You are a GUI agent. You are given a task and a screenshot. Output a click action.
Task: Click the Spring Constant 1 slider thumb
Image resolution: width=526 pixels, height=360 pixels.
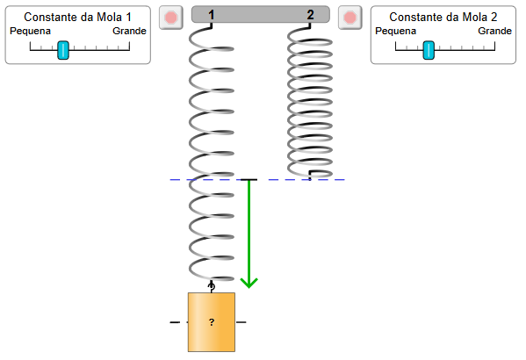tap(63, 50)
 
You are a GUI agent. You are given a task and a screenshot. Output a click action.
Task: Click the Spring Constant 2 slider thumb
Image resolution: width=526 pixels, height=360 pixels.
tap(429, 50)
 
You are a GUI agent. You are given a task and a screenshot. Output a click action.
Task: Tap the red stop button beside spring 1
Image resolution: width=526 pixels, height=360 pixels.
tap(171, 18)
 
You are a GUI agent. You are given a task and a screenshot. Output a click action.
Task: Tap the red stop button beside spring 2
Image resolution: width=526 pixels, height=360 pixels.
tap(349, 18)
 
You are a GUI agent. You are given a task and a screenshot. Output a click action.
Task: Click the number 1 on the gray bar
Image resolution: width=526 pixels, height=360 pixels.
tap(211, 14)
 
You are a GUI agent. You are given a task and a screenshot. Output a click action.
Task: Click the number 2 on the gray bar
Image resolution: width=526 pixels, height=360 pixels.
tap(310, 14)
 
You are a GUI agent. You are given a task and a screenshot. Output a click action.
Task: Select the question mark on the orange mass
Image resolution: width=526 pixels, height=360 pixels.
tap(212, 322)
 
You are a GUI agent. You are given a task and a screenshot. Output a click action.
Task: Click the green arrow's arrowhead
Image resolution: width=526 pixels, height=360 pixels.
tap(249, 283)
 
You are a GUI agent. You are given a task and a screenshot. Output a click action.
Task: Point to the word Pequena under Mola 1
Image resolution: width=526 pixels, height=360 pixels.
tap(30, 32)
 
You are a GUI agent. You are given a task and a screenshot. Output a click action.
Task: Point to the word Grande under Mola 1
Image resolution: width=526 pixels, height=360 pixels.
tap(129, 31)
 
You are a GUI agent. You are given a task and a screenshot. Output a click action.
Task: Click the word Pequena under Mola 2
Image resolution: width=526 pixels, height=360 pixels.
tap(395, 32)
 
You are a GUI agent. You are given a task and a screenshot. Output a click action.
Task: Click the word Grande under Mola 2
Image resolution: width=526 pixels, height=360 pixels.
tap(494, 31)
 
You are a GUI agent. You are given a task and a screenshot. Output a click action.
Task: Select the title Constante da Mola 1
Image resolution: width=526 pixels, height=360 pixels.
tap(77, 17)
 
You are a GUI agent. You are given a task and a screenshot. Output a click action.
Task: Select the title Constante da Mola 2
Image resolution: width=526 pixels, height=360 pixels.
tap(443, 17)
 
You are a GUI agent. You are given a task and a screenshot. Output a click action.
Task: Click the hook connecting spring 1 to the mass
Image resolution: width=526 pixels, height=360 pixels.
tap(212, 287)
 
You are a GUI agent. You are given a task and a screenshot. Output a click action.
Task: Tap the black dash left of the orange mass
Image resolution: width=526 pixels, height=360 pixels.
tap(175, 322)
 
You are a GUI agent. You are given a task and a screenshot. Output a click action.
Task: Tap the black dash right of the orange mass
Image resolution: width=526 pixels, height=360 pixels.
tap(241, 322)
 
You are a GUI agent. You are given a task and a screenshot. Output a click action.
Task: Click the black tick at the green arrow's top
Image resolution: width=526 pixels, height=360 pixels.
tap(249, 180)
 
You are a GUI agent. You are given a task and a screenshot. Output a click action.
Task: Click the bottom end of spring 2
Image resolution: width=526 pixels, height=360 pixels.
tap(310, 178)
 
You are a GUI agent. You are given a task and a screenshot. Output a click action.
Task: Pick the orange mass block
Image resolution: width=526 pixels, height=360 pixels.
tap(212, 322)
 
